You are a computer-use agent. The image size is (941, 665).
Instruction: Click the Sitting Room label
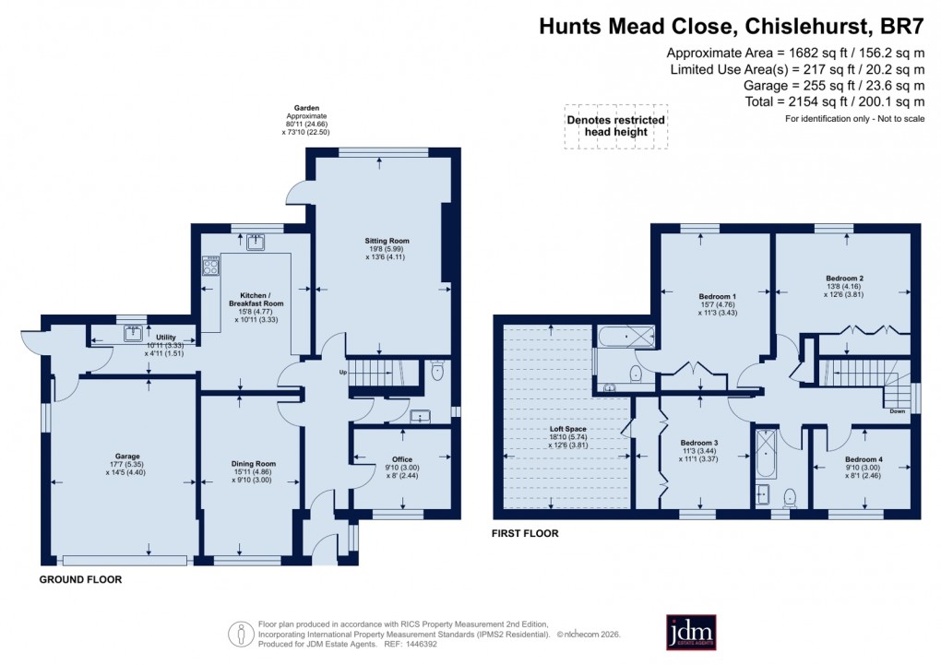point(386,241)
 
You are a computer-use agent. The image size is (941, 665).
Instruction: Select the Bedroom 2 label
point(844,277)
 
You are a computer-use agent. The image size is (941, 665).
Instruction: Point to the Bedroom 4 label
point(864,459)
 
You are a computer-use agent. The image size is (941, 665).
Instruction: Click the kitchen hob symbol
point(209,267)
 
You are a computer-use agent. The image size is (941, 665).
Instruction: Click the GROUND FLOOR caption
point(80,580)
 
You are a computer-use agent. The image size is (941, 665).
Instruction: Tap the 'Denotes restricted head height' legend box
point(615,125)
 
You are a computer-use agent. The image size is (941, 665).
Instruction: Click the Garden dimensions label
point(305,120)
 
